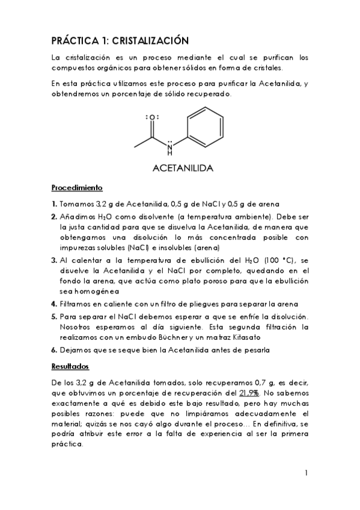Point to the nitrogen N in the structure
pyautogui.click(x=169, y=145)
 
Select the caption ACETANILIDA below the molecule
pyautogui.click(x=181, y=168)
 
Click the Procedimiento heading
pyautogui.click(x=77, y=187)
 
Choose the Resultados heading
pyautogui.click(x=70, y=366)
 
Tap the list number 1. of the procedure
pyautogui.click(x=54, y=203)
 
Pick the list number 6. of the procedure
pyautogui.click(x=54, y=349)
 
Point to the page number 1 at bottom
pyautogui.click(x=306, y=473)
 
